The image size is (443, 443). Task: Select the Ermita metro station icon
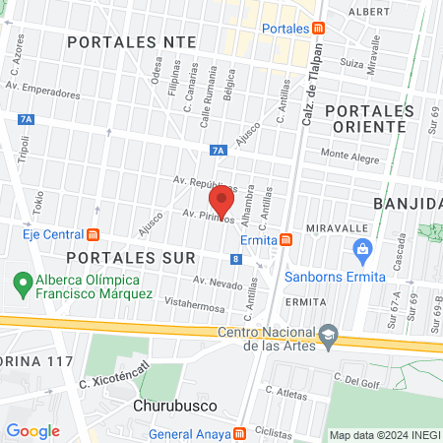click(x=285, y=239)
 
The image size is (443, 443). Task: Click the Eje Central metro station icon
click(x=94, y=234)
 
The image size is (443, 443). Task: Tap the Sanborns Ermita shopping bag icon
click(x=363, y=248)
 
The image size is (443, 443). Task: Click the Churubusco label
click(x=169, y=404)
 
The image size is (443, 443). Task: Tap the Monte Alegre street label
click(x=348, y=155)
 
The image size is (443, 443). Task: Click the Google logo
click(x=32, y=430)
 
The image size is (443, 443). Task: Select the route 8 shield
click(x=236, y=259)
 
